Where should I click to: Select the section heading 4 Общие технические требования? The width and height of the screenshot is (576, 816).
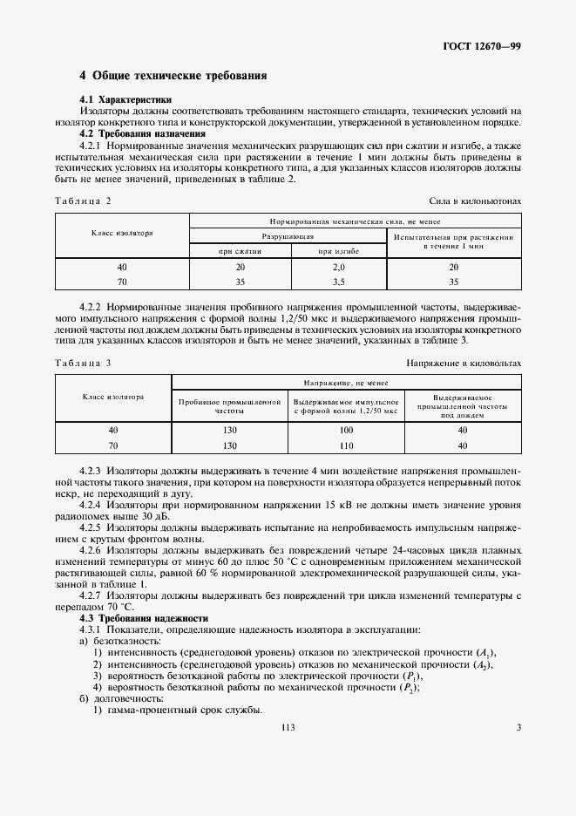point(173,76)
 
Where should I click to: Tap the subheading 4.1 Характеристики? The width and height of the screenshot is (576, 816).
point(125,99)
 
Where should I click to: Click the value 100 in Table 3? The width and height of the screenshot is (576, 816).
point(346,431)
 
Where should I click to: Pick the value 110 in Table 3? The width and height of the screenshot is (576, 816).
point(346,445)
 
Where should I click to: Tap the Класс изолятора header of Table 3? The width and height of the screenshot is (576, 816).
point(113,397)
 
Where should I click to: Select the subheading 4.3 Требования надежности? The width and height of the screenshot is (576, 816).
point(144,617)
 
